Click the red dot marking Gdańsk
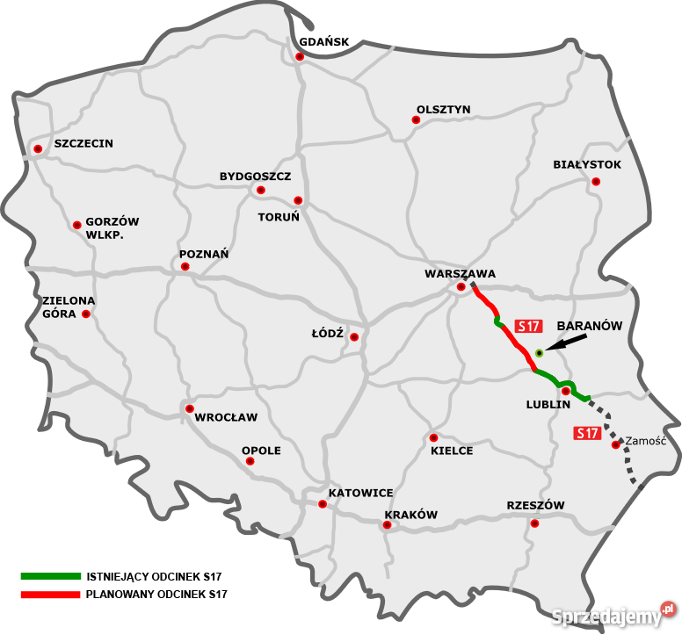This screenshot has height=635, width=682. pyautogui.click(x=300, y=57)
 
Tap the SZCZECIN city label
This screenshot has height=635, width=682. pyautogui.click(x=83, y=143)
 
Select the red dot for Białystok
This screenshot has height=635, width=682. pyautogui.click(x=596, y=182)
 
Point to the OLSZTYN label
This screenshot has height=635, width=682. pyautogui.click(x=444, y=110)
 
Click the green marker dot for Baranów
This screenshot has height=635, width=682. pyautogui.click(x=539, y=353)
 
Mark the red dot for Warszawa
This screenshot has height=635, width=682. pyautogui.click(x=461, y=287)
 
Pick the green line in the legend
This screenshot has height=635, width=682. pyautogui.click(x=49, y=576)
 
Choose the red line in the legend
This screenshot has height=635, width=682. pyautogui.click(x=49, y=595)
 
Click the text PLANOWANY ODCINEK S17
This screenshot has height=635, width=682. pyautogui.click(x=156, y=595)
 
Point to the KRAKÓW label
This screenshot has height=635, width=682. pyautogui.click(x=410, y=515)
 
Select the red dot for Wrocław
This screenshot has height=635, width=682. pyautogui.click(x=189, y=408)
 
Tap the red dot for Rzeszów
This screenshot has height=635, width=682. pyautogui.click(x=534, y=523)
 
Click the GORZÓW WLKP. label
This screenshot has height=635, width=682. pyautogui.click(x=113, y=228)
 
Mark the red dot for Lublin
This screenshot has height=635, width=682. pyautogui.click(x=566, y=391)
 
